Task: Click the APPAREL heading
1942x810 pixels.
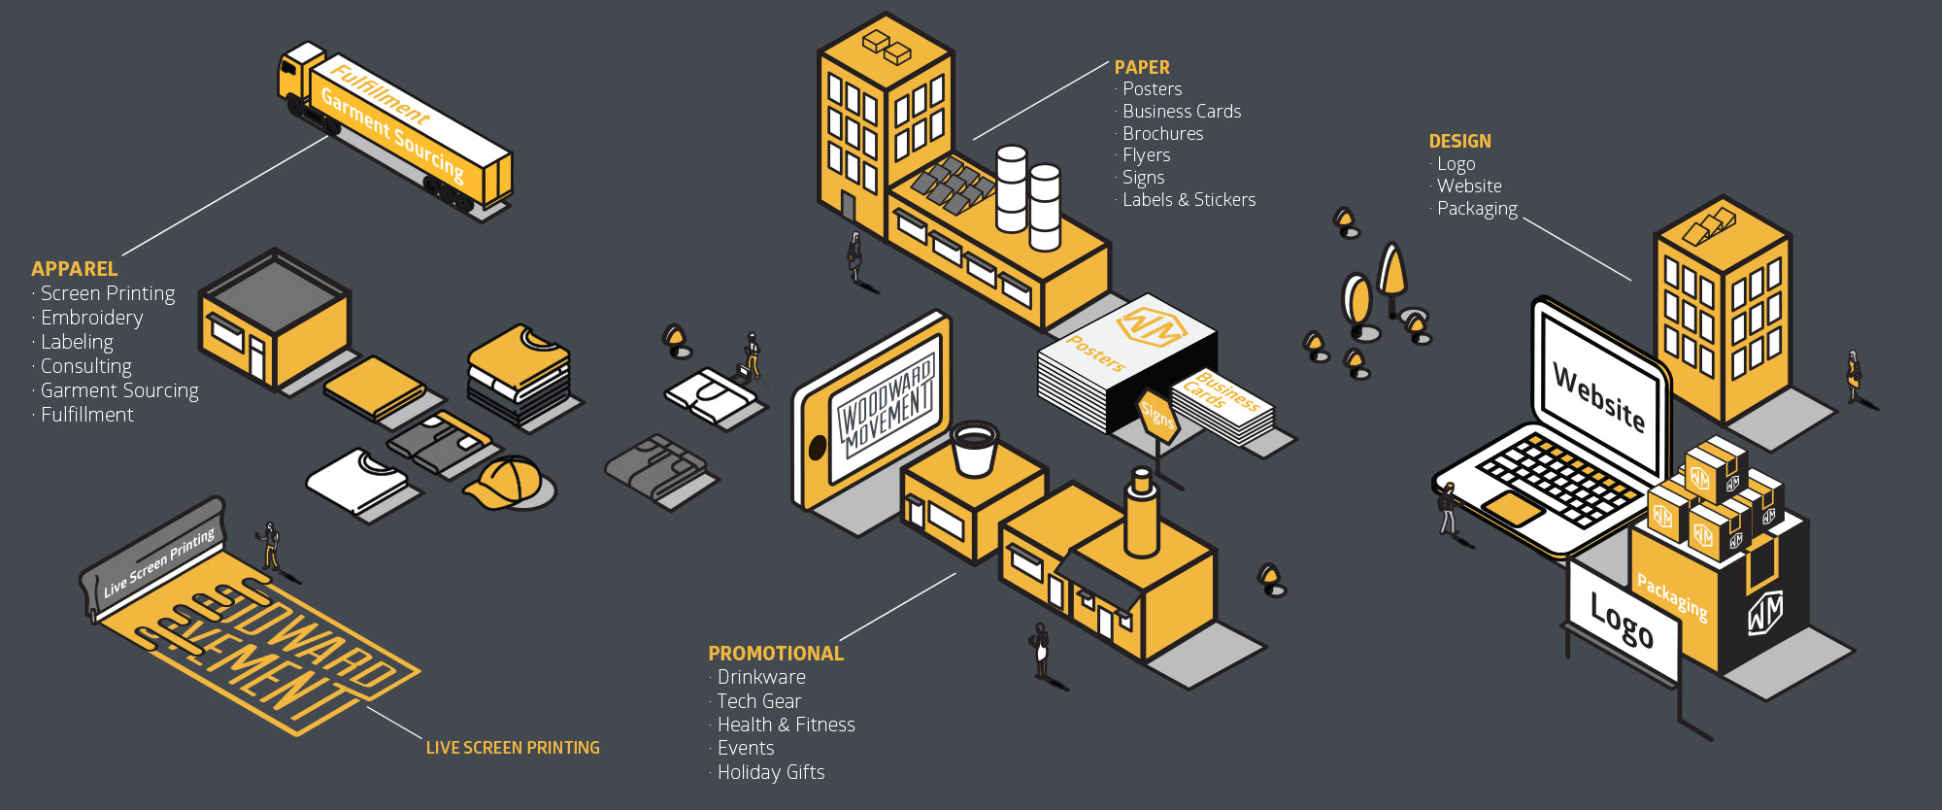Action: (74, 269)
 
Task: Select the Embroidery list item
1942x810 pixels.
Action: (91, 318)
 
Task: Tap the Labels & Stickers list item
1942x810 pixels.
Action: (1189, 200)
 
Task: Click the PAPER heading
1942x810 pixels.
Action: (1142, 67)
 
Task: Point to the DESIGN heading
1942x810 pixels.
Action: (1459, 141)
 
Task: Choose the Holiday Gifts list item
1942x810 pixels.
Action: (770, 772)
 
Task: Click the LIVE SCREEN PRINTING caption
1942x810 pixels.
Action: (513, 748)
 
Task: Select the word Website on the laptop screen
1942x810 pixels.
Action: (1599, 396)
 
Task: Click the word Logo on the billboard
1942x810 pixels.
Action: (1622, 620)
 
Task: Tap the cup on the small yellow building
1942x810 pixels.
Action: (974, 448)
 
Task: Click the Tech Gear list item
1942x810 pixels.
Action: (758, 701)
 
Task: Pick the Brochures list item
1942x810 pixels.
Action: (1162, 134)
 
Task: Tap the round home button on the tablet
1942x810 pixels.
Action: (818, 448)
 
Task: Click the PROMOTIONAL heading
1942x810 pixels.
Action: (776, 654)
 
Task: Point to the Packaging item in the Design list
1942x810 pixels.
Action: (1477, 209)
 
